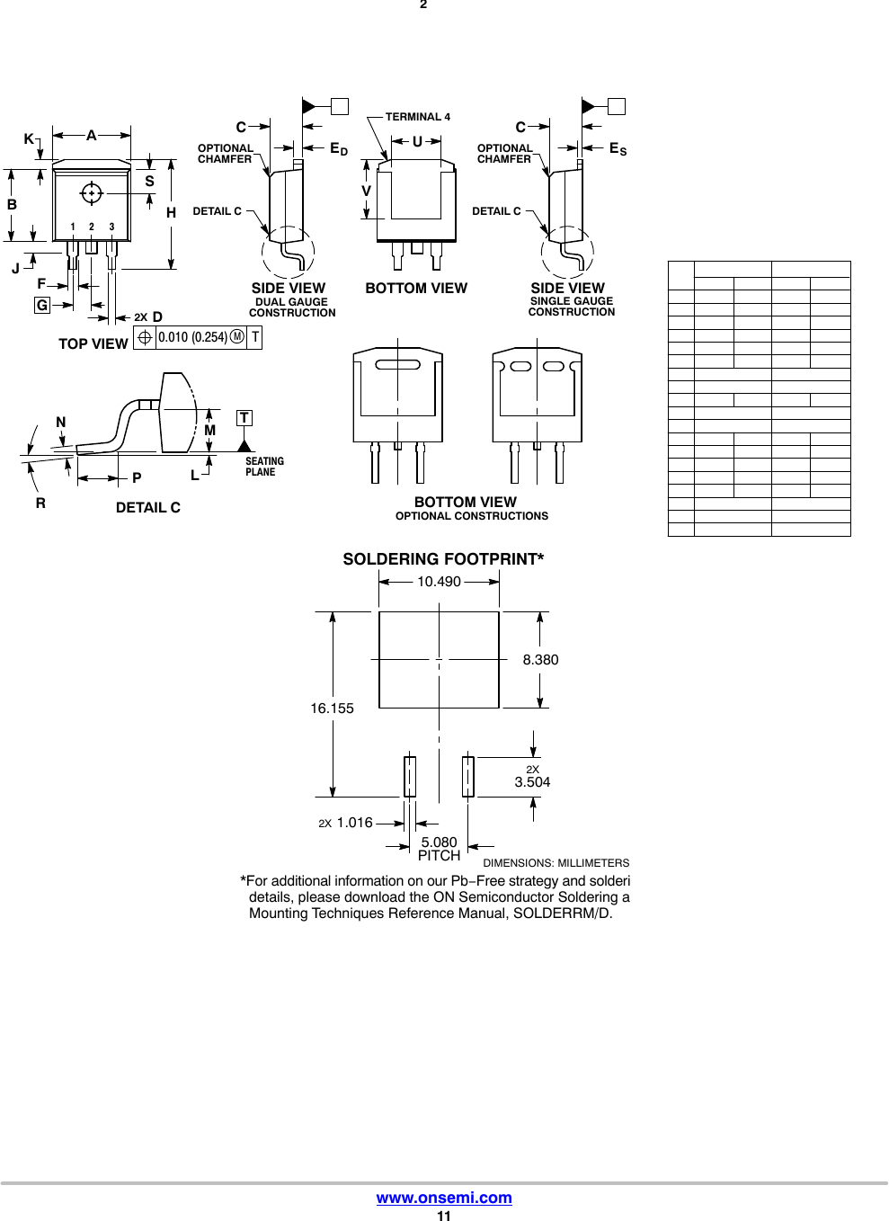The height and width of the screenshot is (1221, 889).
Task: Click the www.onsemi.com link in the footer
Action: (x=443, y=1198)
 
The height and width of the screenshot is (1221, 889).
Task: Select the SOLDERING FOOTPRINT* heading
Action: (x=443, y=559)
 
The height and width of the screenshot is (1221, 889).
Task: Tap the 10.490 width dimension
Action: (x=439, y=582)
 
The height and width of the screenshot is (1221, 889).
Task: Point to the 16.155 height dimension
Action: (x=332, y=709)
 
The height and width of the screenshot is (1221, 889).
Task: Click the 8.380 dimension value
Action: (x=540, y=660)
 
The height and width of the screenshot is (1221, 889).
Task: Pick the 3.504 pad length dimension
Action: (x=532, y=782)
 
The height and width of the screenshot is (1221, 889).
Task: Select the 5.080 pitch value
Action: (x=439, y=842)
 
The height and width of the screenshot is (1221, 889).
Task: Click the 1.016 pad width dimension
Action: (x=354, y=823)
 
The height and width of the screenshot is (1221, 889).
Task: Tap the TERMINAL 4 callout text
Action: (x=418, y=117)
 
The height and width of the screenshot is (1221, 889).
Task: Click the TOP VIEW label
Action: (x=93, y=343)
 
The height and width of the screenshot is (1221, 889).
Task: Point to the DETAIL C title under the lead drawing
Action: (x=148, y=508)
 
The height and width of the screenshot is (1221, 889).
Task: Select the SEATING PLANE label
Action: (x=264, y=467)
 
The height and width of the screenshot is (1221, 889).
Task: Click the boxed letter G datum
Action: (x=41, y=306)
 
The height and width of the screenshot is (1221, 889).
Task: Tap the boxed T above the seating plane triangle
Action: (x=244, y=418)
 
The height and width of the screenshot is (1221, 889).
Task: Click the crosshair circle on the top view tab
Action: (x=91, y=192)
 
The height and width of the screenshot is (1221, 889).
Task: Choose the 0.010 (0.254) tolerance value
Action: (x=191, y=337)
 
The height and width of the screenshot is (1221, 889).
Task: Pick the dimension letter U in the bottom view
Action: (x=417, y=141)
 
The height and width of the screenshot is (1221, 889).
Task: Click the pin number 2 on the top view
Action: (x=92, y=227)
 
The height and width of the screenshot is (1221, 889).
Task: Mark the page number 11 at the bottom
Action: (x=443, y=1216)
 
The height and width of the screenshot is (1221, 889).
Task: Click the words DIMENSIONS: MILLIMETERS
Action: (x=556, y=863)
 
